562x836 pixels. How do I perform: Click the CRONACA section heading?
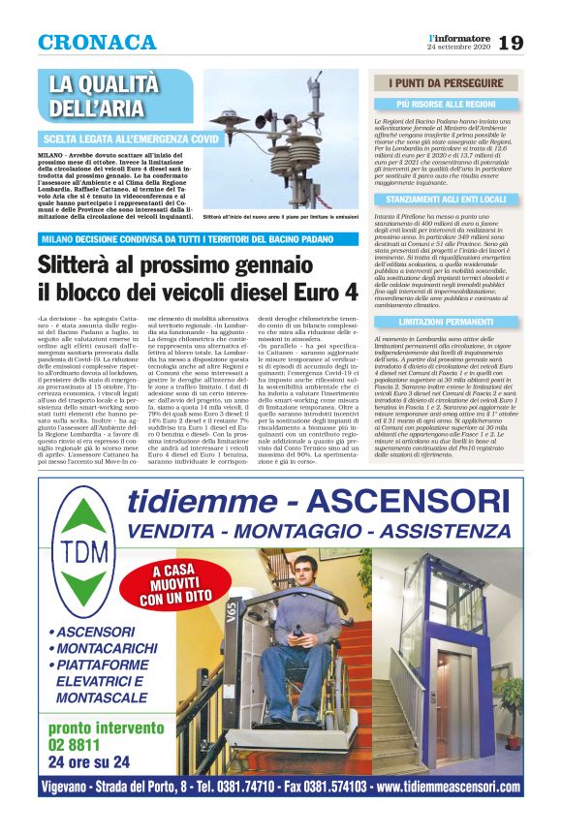coord(97,43)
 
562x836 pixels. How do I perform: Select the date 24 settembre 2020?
coord(460,47)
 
